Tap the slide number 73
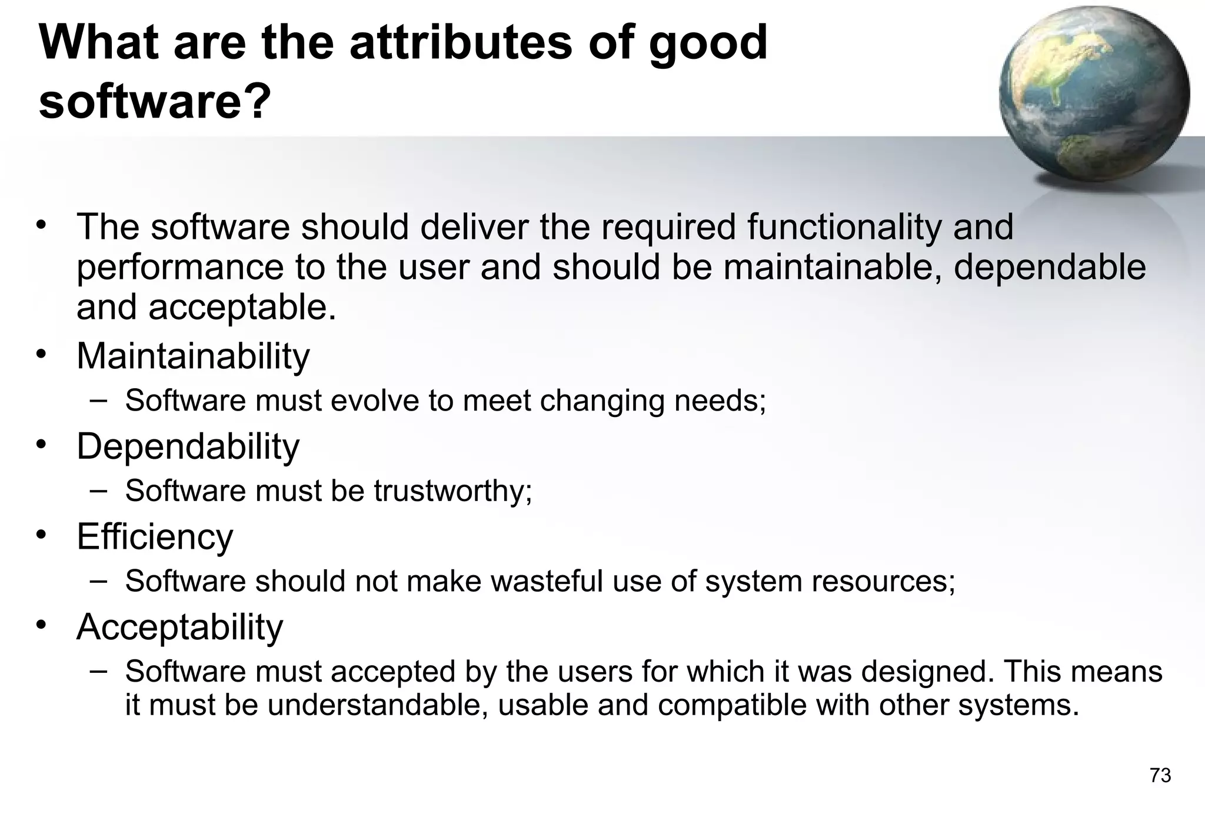click(x=1160, y=776)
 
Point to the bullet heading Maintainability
click(x=193, y=356)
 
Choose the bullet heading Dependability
click(x=188, y=446)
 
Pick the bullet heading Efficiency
click(x=155, y=536)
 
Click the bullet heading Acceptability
click(x=179, y=627)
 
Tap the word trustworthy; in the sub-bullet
click(x=452, y=491)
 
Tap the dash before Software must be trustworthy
click(x=99, y=490)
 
